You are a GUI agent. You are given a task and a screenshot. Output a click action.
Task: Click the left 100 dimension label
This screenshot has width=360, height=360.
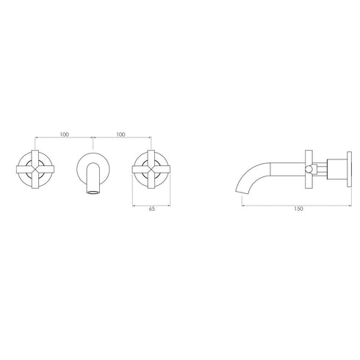click(65, 135)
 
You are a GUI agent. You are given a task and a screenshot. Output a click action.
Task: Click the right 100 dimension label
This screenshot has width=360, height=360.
click(120, 135)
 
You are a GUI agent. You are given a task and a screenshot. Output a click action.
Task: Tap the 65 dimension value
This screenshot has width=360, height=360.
click(151, 209)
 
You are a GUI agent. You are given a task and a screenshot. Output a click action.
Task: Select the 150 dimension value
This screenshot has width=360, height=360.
click(297, 209)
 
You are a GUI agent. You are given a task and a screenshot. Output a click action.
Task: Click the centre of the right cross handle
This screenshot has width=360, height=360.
click(151, 169)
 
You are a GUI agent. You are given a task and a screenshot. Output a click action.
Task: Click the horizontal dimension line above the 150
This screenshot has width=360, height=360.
click(296, 204)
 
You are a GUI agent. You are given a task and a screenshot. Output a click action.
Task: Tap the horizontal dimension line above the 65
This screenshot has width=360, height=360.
click(151, 204)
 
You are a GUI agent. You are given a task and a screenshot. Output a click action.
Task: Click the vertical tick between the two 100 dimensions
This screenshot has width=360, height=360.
click(93, 138)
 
